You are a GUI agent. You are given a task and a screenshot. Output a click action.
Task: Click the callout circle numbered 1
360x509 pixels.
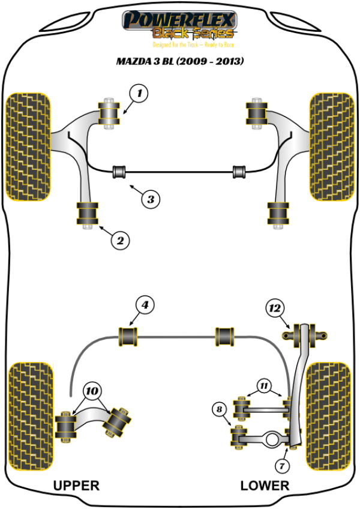point(140,93)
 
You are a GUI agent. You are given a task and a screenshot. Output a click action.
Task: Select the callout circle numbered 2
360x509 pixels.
point(120,241)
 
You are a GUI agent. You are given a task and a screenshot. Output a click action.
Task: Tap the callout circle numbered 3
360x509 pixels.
point(151,198)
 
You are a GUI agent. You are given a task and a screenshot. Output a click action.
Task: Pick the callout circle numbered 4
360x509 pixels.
point(144,305)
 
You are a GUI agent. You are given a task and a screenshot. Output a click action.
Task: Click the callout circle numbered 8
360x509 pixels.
point(221,411)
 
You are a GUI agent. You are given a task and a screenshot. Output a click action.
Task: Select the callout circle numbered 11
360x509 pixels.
point(265,385)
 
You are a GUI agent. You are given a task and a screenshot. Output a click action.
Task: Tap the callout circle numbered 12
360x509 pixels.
point(274,309)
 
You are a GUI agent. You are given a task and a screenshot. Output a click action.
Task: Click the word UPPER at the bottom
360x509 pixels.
point(76,485)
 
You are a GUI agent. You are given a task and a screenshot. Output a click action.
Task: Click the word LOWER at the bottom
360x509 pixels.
point(265,485)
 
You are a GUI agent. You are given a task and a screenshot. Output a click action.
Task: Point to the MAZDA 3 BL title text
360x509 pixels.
point(180,61)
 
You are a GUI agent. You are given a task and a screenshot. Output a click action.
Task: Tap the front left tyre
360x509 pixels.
point(27,146)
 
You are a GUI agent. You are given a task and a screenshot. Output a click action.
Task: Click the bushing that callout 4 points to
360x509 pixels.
point(128,336)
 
